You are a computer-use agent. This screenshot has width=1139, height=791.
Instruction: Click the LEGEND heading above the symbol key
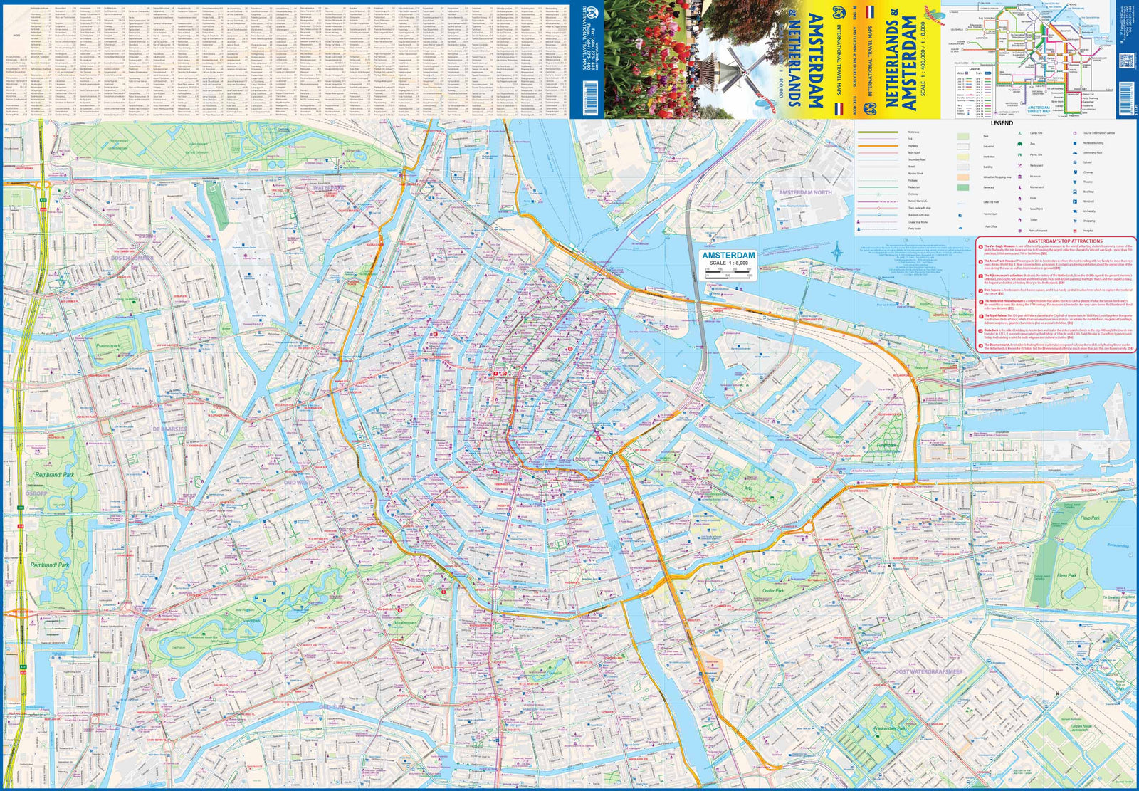(x=1001, y=123)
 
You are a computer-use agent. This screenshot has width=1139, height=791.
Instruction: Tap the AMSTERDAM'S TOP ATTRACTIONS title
(x=1056, y=241)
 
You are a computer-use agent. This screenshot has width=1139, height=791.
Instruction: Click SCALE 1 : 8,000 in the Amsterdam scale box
(x=728, y=263)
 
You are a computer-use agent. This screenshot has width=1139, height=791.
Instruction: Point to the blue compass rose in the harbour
(x=839, y=251)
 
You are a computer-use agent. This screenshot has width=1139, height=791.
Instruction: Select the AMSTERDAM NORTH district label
(x=804, y=192)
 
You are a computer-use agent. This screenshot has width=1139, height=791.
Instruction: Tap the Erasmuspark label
(x=107, y=346)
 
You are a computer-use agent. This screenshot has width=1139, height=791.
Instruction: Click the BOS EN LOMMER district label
(x=133, y=257)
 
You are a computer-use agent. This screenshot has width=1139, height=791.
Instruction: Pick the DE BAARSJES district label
(x=169, y=429)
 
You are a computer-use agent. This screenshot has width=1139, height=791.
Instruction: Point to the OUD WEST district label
(x=297, y=482)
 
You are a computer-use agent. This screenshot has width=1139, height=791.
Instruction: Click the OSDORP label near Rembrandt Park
(x=36, y=493)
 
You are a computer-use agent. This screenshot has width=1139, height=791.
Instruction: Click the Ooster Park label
(x=772, y=590)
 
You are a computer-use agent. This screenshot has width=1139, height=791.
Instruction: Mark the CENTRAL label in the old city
(x=579, y=411)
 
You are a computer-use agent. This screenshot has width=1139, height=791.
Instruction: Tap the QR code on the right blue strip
(x=1125, y=61)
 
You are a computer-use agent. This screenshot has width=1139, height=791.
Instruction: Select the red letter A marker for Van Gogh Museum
(x=400, y=609)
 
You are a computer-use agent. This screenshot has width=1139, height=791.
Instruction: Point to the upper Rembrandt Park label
(x=55, y=474)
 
